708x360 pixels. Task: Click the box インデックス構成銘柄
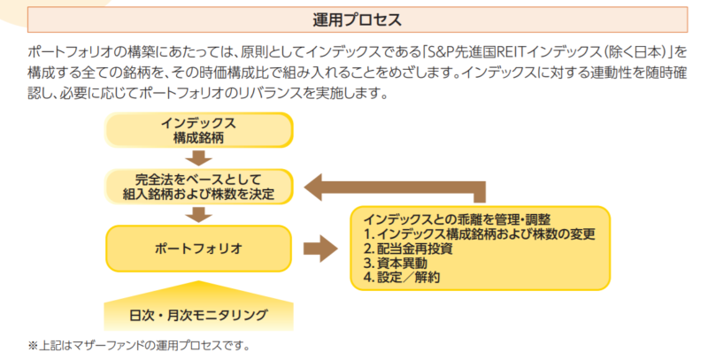198,130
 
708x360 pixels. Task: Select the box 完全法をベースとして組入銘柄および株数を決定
198,187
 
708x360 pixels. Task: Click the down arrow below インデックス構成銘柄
198,159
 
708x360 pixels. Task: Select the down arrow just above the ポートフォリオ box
198,215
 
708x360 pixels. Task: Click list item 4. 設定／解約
402,278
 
